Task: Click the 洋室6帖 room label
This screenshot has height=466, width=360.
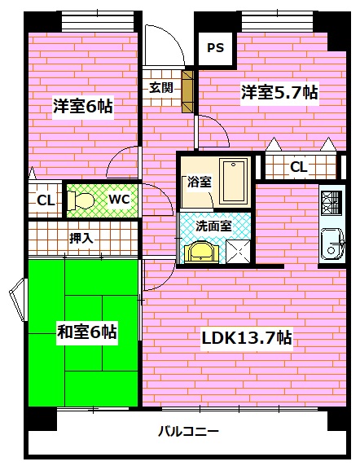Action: pos(82,106)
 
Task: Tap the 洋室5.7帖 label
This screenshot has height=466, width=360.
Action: pos(279,94)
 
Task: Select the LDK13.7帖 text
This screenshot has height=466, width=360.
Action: pos(248,337)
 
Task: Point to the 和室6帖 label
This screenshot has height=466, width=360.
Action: pos(86,332)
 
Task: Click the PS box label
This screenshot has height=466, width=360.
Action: pos(215,48)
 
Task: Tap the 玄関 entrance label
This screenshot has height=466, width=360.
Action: pos(160,87)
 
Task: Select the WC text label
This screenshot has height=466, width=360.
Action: pos(118,199)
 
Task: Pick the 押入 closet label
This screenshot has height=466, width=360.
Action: pos(81,239)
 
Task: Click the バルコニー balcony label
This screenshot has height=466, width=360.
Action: pos(188,432)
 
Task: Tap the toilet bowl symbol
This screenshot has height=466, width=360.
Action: pos(80,200)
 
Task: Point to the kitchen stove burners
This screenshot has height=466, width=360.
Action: pos(331,200)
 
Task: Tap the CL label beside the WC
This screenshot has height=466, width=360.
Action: pos(45,200)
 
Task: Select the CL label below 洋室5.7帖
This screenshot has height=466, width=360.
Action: pos(298,167)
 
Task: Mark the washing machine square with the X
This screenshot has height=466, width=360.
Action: pos(238,251)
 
